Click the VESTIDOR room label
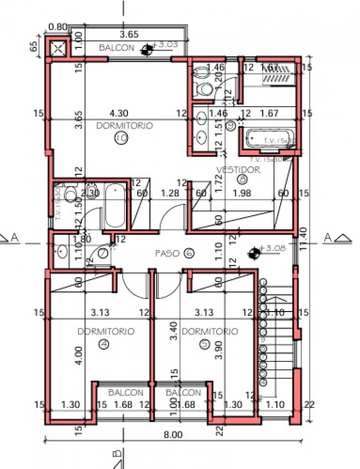click(238, 169)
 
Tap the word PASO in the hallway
click(166, 253)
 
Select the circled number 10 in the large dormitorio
click(120, 139)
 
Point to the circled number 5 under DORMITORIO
click(205, 345)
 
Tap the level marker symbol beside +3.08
click(254, 252)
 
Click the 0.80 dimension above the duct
click(58, 27)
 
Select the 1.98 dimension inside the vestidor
click(243, 194)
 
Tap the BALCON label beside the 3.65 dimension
click(117, 48)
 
